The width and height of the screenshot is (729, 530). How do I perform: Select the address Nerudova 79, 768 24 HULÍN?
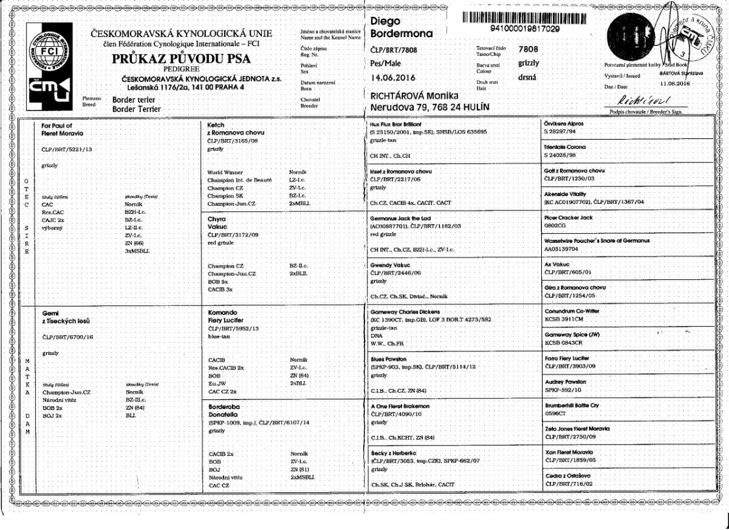click(429, 107)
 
